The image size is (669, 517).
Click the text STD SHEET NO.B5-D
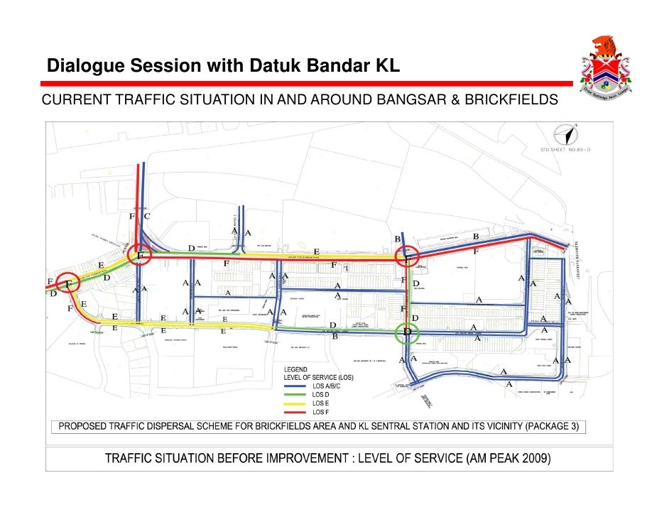[565, 149]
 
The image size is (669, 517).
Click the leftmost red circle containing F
[69, 284]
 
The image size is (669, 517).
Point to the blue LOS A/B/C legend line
[297, 386]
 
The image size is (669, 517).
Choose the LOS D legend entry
[321, 394]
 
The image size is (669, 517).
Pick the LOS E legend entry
[321, 403]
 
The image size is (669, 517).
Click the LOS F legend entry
[321, 412]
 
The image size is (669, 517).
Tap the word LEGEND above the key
[296, 369]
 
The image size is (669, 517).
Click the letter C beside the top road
[147, 215]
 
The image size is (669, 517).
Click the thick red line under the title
[305, 83]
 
